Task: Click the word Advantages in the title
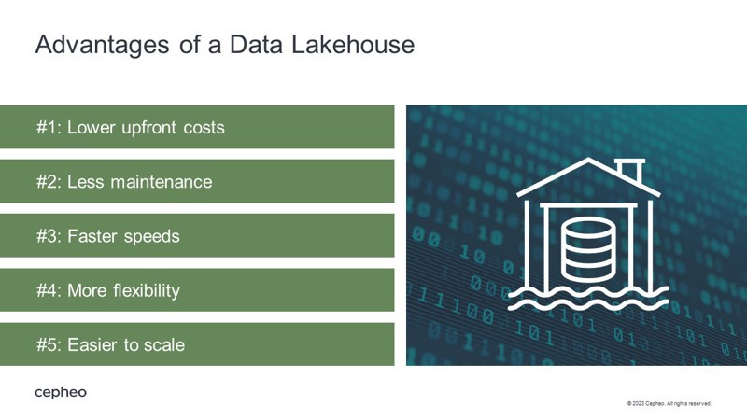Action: pyautogui.click(x=102, y=46)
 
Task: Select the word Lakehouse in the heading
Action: pyautogui.click(x=353, y=44)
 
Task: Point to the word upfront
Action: pyautogui.click(x=149, y=128)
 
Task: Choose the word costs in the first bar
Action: pyautogui.click(x=204, y=128)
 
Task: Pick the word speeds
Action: pyautogui.click(x=151, y=237)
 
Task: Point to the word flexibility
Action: pyautogui.click(x=147, y=291)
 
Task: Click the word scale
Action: pyautogui.click(x=165, y=344)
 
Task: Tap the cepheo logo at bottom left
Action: pyautogui.click(x=61, y=393)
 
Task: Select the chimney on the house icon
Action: pyautogui.click(x=629, y=170)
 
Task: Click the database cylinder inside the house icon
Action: pyautogui.click(x=588, y=250)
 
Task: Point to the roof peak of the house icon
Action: pyautogui.click(x=589, y=159)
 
